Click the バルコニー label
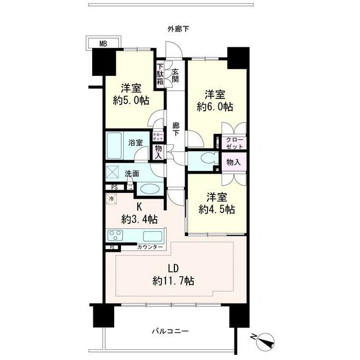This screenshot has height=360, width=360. point(169,331)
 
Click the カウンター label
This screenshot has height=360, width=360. point(150,247)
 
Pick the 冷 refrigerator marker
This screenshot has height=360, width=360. point(111,199)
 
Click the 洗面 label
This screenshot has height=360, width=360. point(132,174)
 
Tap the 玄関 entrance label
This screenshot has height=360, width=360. point(175,75)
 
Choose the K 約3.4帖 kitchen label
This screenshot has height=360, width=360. point(139,213)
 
